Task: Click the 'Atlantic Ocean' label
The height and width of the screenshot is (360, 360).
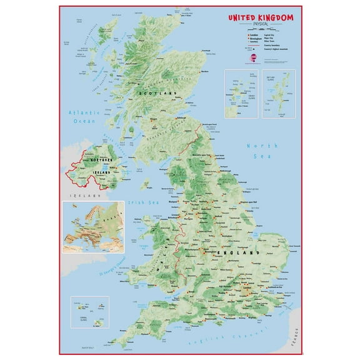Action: tap(83, 117)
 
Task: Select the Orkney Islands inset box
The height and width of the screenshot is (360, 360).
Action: tap(240, 94)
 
